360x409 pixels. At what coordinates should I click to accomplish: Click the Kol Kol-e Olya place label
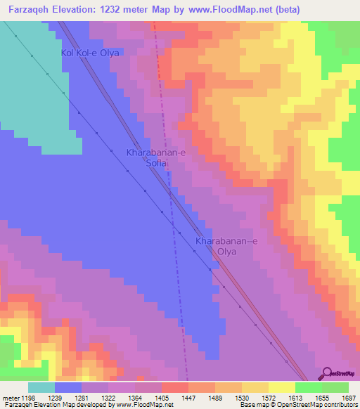click(x=90, y=53)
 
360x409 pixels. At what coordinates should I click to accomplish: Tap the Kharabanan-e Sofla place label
click(x=155, y=157)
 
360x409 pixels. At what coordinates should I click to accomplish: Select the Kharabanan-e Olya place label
click(x=226, y=246)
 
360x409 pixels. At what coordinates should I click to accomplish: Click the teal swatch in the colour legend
click(x=41, y=387)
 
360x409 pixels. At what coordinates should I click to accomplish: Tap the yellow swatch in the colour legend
click(x=281, y=387)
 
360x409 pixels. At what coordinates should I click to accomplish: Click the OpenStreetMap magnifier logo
click(x=328, y=373)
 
